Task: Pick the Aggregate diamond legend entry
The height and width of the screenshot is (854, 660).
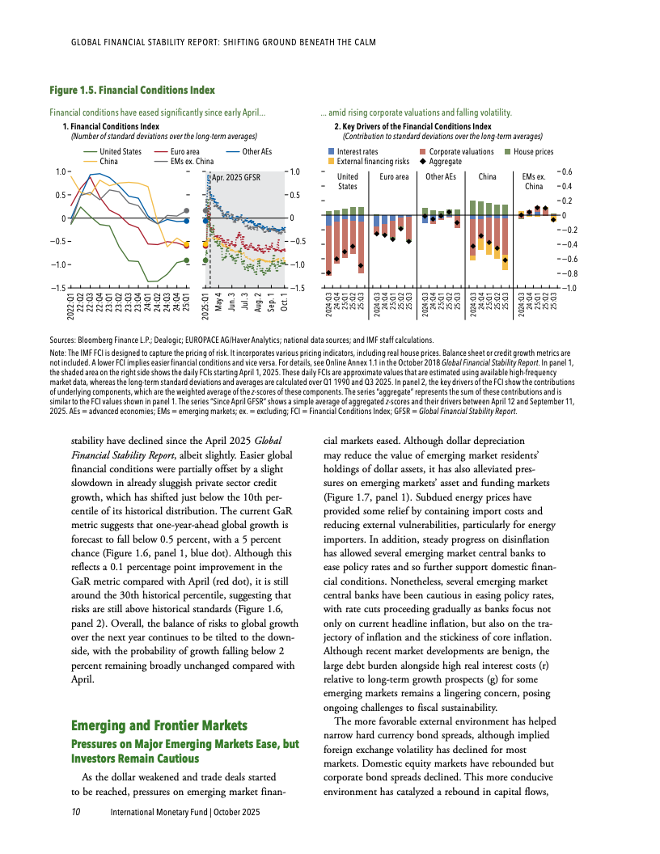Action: pyautogui.click(x=450, y=161)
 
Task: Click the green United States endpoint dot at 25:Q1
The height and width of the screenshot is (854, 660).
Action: pyautogui.click(x=187, y=260)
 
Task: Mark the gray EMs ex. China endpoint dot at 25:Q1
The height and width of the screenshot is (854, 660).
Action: pyautogui.click(x=187, y=210)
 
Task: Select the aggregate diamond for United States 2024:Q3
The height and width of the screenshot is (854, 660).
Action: pyautogui.click(x=329, y=273)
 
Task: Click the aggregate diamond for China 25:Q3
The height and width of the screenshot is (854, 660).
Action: pyautogui.click(x=506, y=260)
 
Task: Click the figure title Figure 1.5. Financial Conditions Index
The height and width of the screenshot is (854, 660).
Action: pyautogui.click(x=132, y=89)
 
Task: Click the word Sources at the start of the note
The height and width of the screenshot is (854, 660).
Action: pyautogui.click(x=65, y=340)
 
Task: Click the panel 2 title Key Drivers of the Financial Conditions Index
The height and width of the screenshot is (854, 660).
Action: pyautogui.click(x=412, y=127)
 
